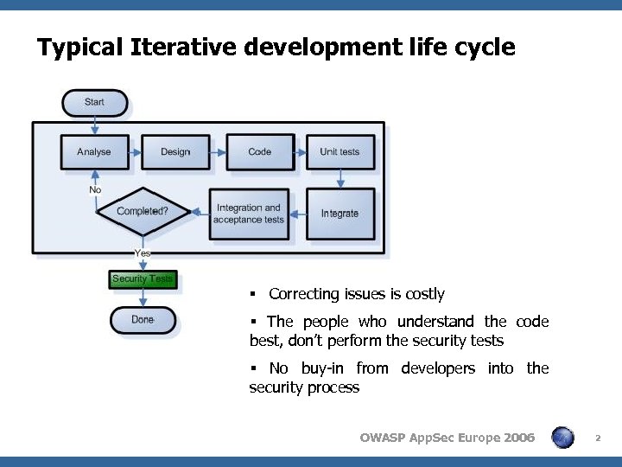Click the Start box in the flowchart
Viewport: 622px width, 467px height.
click(x=94, y=102)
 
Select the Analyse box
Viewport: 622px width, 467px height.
click(x=94, y=151)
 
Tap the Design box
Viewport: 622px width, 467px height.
click(x=175, y=151)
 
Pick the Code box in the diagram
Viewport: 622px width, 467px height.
click(x=259, y=151)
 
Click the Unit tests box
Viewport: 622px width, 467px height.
click(x=340, y=151)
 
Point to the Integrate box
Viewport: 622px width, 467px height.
click(x=340, y=214)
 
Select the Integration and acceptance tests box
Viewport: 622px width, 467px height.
click(x=249, y=214)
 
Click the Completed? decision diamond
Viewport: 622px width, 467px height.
click(x=142, y=211)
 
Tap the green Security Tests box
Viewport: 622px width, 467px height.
click(x=143, y=278)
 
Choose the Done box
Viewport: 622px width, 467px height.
click(x=143, y=320)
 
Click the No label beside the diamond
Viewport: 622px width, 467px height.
click(x=95, y=189)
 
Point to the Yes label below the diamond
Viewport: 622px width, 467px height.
click(x=143, y=253)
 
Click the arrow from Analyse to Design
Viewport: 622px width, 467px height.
click(x=135, y=152)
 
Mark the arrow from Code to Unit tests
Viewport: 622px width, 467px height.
click(x=301, y=152)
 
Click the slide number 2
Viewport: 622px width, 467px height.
click(x=597, y=438)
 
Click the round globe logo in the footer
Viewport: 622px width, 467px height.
click(x=562, y=438)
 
